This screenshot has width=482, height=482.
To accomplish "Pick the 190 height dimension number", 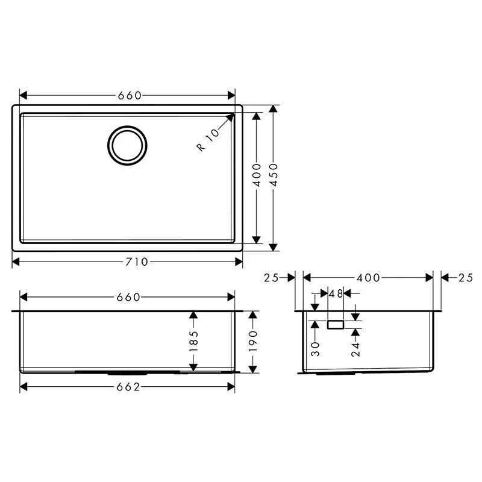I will click(x=253, y=342).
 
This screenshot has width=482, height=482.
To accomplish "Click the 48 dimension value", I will click(x=336, y=294).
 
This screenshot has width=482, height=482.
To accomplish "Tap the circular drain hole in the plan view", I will click(x=127, y=145).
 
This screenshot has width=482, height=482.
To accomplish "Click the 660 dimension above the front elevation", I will click(x=128, y=297).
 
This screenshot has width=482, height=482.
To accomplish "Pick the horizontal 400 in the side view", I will click(x=368, y=278).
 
